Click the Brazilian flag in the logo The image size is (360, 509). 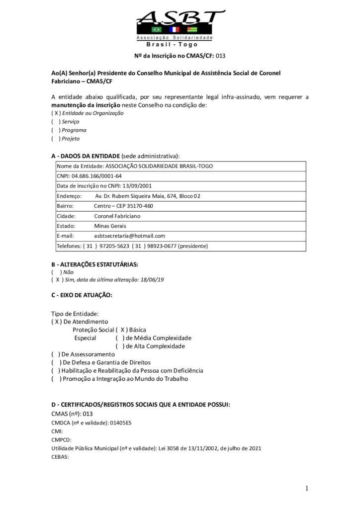(x=149, y=30)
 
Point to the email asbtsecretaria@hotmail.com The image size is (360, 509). (x=129, y=236)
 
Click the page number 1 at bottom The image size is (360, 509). (x=307, y=489)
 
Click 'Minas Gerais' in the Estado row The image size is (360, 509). (x=110, y=226)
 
